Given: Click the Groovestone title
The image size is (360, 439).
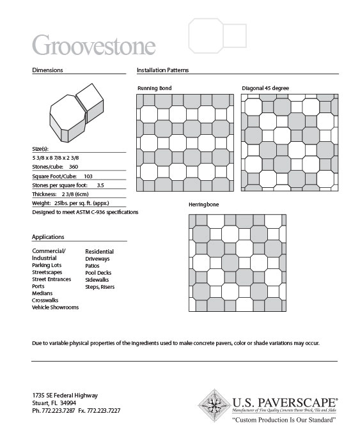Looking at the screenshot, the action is click(93, 45).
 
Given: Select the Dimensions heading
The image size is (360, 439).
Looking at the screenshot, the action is click(47, 70).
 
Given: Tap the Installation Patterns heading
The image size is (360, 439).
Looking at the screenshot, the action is click(162, 70).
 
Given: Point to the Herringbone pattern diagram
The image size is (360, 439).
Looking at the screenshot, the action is click(237, 262).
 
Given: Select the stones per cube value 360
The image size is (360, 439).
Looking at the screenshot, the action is click(74, 166).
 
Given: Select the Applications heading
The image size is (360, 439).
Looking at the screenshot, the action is click(48, 236).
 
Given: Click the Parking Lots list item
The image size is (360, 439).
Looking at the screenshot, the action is click(47, 265).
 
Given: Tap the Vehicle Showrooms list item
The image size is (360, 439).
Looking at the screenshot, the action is click(55, 307).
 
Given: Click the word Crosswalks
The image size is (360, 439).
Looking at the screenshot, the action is click(46, 300).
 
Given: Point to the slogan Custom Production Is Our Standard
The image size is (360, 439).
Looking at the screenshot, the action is click(284, 420).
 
